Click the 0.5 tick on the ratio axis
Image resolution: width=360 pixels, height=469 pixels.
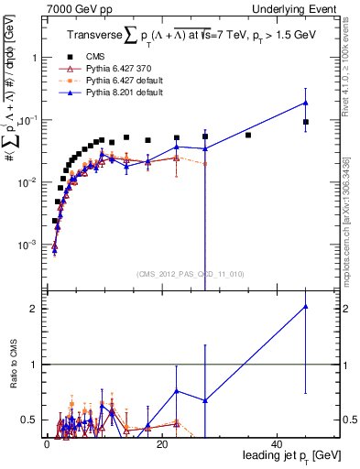click(x=25, y=420)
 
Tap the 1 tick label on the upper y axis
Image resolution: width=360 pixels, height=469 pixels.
click(x=29, y=57)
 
